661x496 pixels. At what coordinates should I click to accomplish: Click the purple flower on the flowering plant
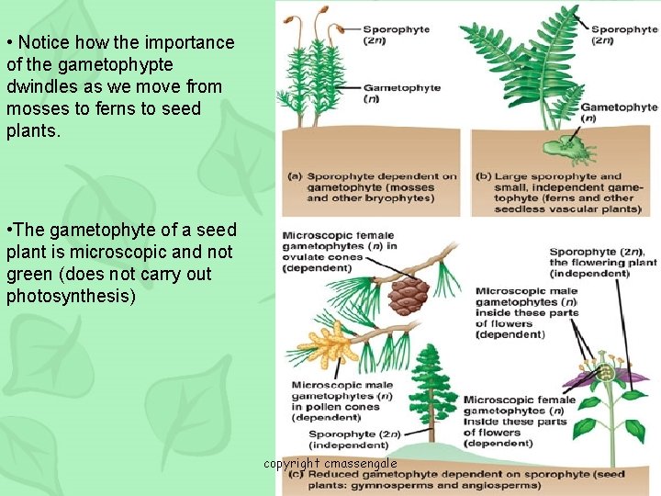pos(606,375)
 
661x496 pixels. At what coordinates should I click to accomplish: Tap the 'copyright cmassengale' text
pos(330,464)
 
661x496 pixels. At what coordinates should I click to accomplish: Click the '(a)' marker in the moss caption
pos(296,175)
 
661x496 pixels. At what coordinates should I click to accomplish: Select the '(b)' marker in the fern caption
pos(485,176)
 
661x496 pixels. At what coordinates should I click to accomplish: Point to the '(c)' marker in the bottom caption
pos(296,475)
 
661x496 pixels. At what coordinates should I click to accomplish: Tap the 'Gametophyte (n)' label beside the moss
pos(401,94)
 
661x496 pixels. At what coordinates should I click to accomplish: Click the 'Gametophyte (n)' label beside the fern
pos(619,112)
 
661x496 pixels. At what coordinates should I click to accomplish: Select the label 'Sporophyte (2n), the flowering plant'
pos(601,257)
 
